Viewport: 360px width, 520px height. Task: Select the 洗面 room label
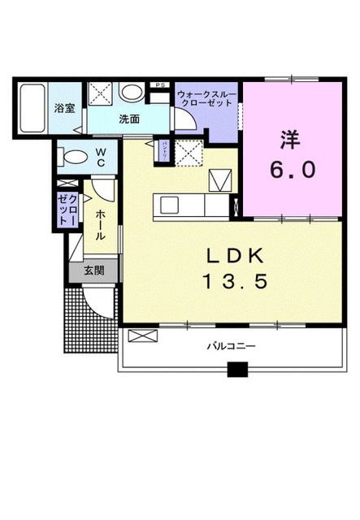pos(129,119)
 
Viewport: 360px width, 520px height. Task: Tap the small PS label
pos(160,84)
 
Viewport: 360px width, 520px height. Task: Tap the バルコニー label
pos(231,346)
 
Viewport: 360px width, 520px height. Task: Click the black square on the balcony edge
pos(236,370)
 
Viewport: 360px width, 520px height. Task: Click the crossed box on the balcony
pos(139,336)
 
